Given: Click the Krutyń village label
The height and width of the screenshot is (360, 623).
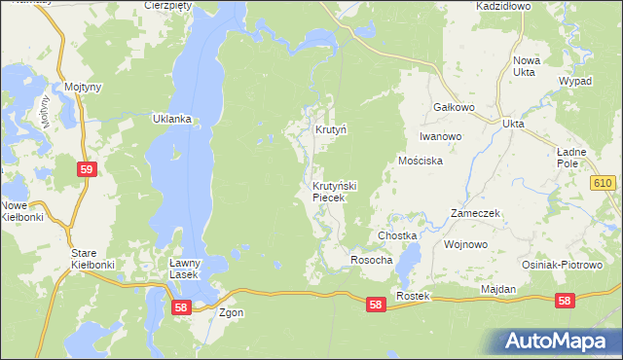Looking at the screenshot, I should click(x=331, y=129).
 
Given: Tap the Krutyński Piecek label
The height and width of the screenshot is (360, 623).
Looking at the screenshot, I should click(x=336, y=192).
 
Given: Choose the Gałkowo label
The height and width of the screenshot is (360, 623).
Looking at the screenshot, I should click(x=453, y=108).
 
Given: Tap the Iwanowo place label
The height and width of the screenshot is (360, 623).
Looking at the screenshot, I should click(x=440, y=137).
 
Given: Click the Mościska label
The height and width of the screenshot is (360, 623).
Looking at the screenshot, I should click(x=421, y=161).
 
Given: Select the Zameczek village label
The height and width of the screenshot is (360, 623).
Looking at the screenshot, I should click(x=475, y=213).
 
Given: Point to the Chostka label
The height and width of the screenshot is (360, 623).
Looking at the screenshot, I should click(x=397, y=236).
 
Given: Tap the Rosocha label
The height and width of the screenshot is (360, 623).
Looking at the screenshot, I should click(x=371, y=261).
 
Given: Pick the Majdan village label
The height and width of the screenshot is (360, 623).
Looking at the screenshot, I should click(x=498, y=290).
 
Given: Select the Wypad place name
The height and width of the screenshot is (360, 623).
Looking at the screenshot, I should click(x=574, y=81).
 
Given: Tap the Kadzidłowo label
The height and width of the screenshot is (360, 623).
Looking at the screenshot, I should click(x=502, y=6).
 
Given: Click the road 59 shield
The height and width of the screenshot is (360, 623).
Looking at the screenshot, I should click(x=87, y=169).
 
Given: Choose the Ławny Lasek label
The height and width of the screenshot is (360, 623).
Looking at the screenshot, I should click(x=184, y=269).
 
